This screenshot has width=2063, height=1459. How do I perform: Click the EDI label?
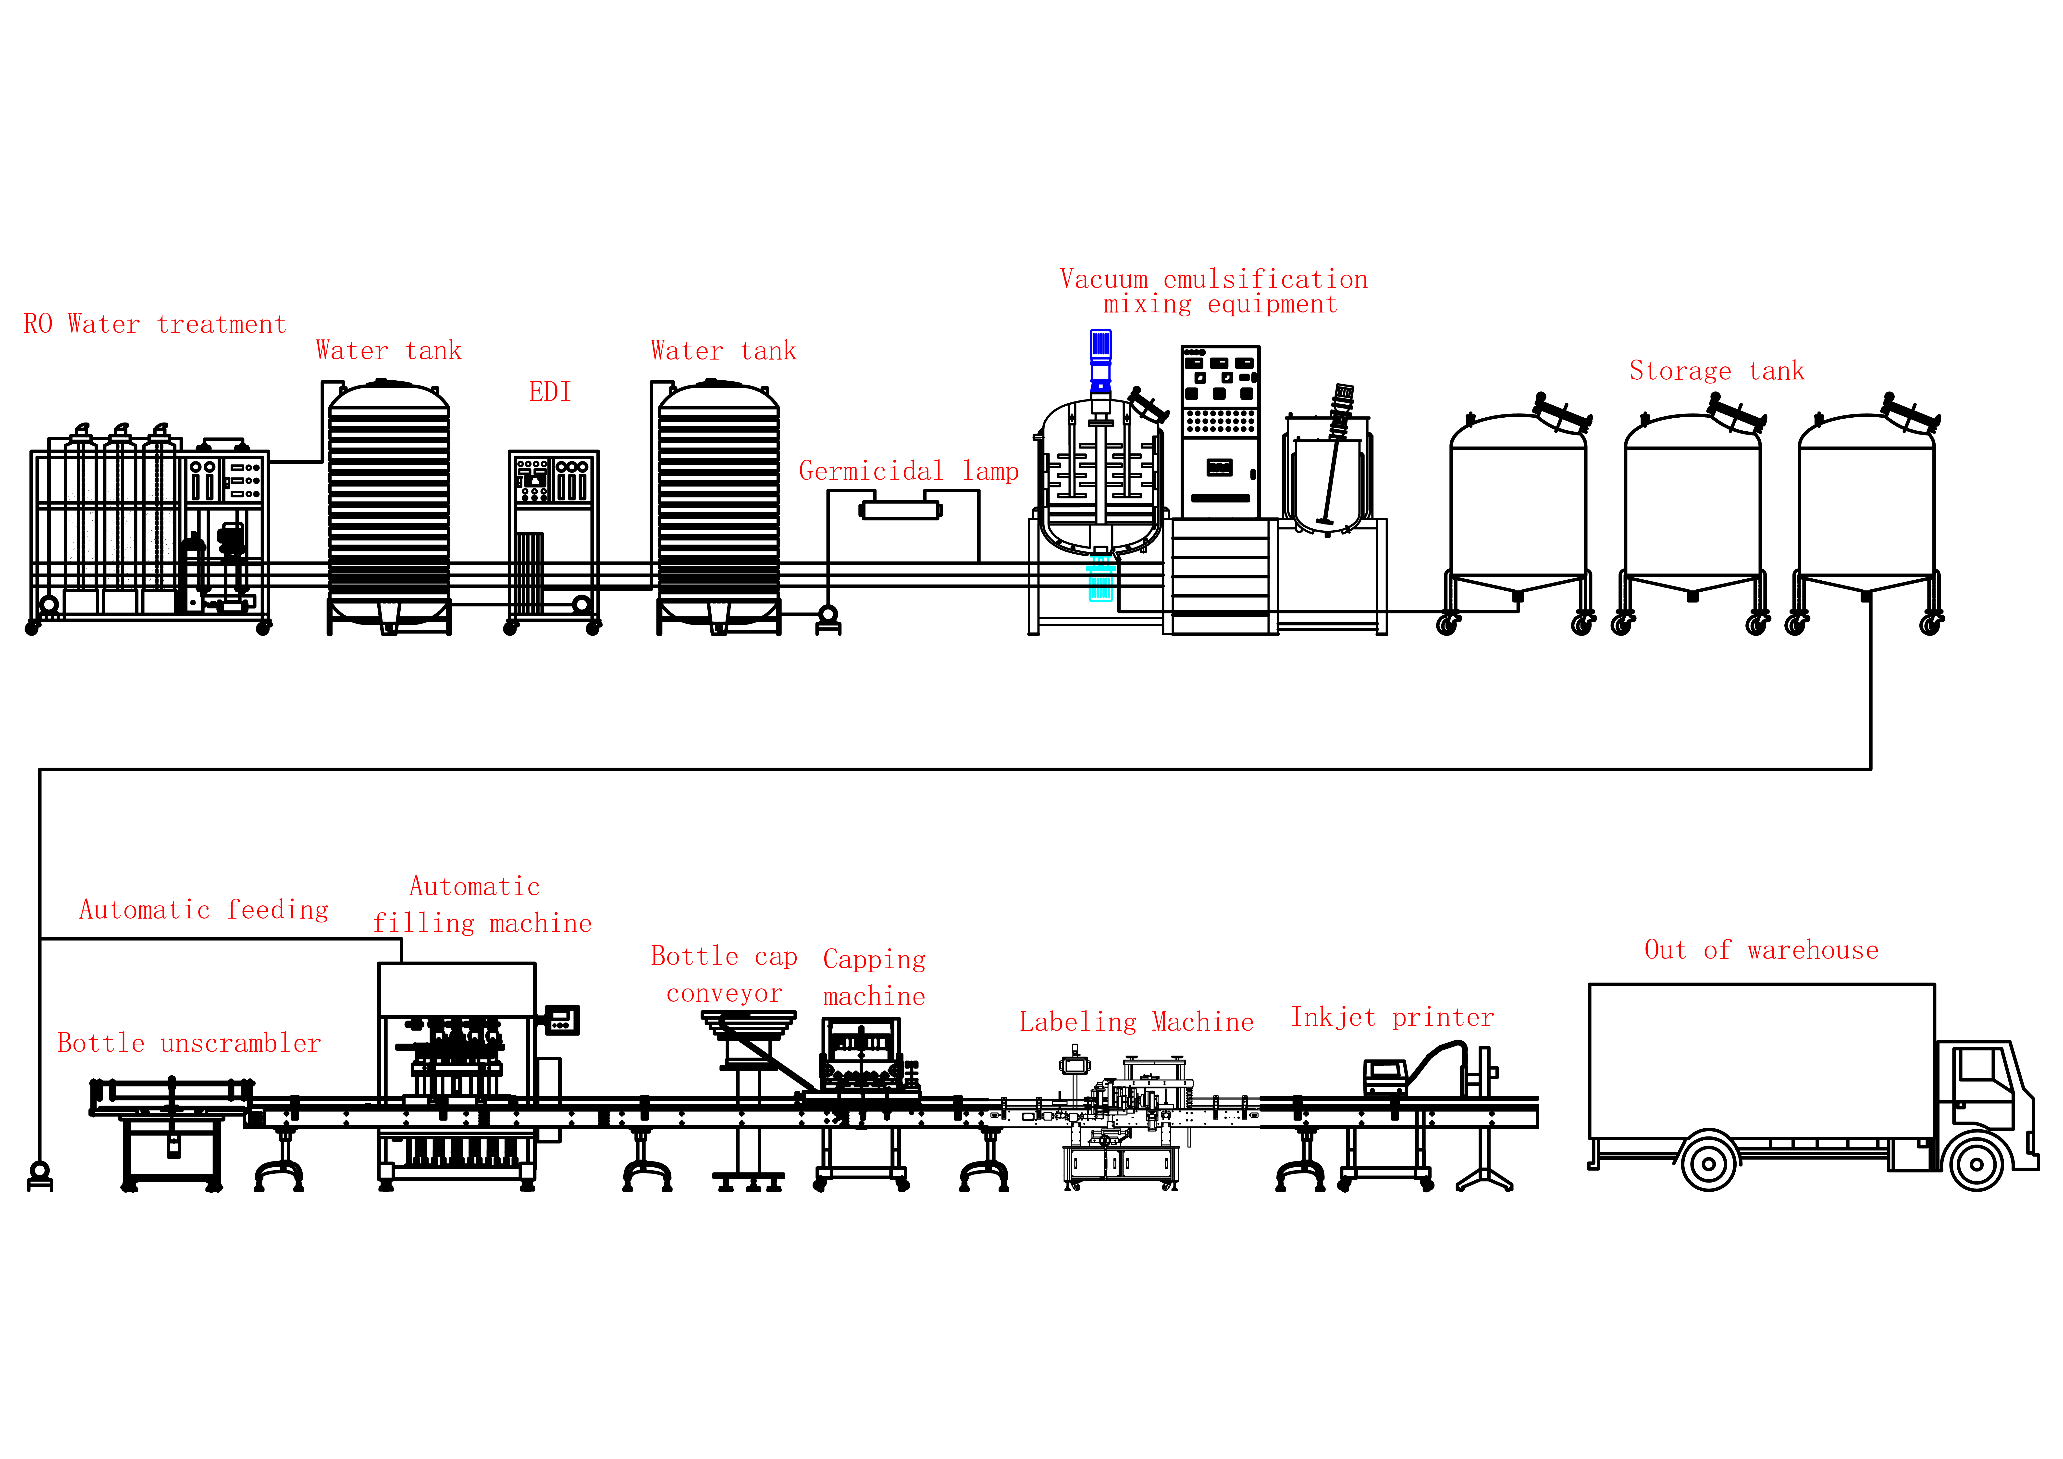pyautogui.click(x=550, y=392)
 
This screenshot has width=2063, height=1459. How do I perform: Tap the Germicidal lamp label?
pyautogui.click(x=908, y=471)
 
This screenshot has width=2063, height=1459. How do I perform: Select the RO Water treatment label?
pyautogui.click(x=155, y=324)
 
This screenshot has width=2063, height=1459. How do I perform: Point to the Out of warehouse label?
pyautogui.click(x=1761, y=950)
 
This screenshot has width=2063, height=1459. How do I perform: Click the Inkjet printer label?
pyautogui.click(x=1393, y=1018)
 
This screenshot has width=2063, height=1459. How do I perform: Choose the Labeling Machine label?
pyautogui.click(x=1137, y=1022)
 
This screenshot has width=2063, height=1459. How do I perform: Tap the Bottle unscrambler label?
pyautogui.click(x=189, y=1043)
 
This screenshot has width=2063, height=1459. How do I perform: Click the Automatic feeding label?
pyautogui.click(x=204, y=910)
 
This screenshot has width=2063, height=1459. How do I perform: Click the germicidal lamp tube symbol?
pyautogui.click(x=900, y=511)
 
